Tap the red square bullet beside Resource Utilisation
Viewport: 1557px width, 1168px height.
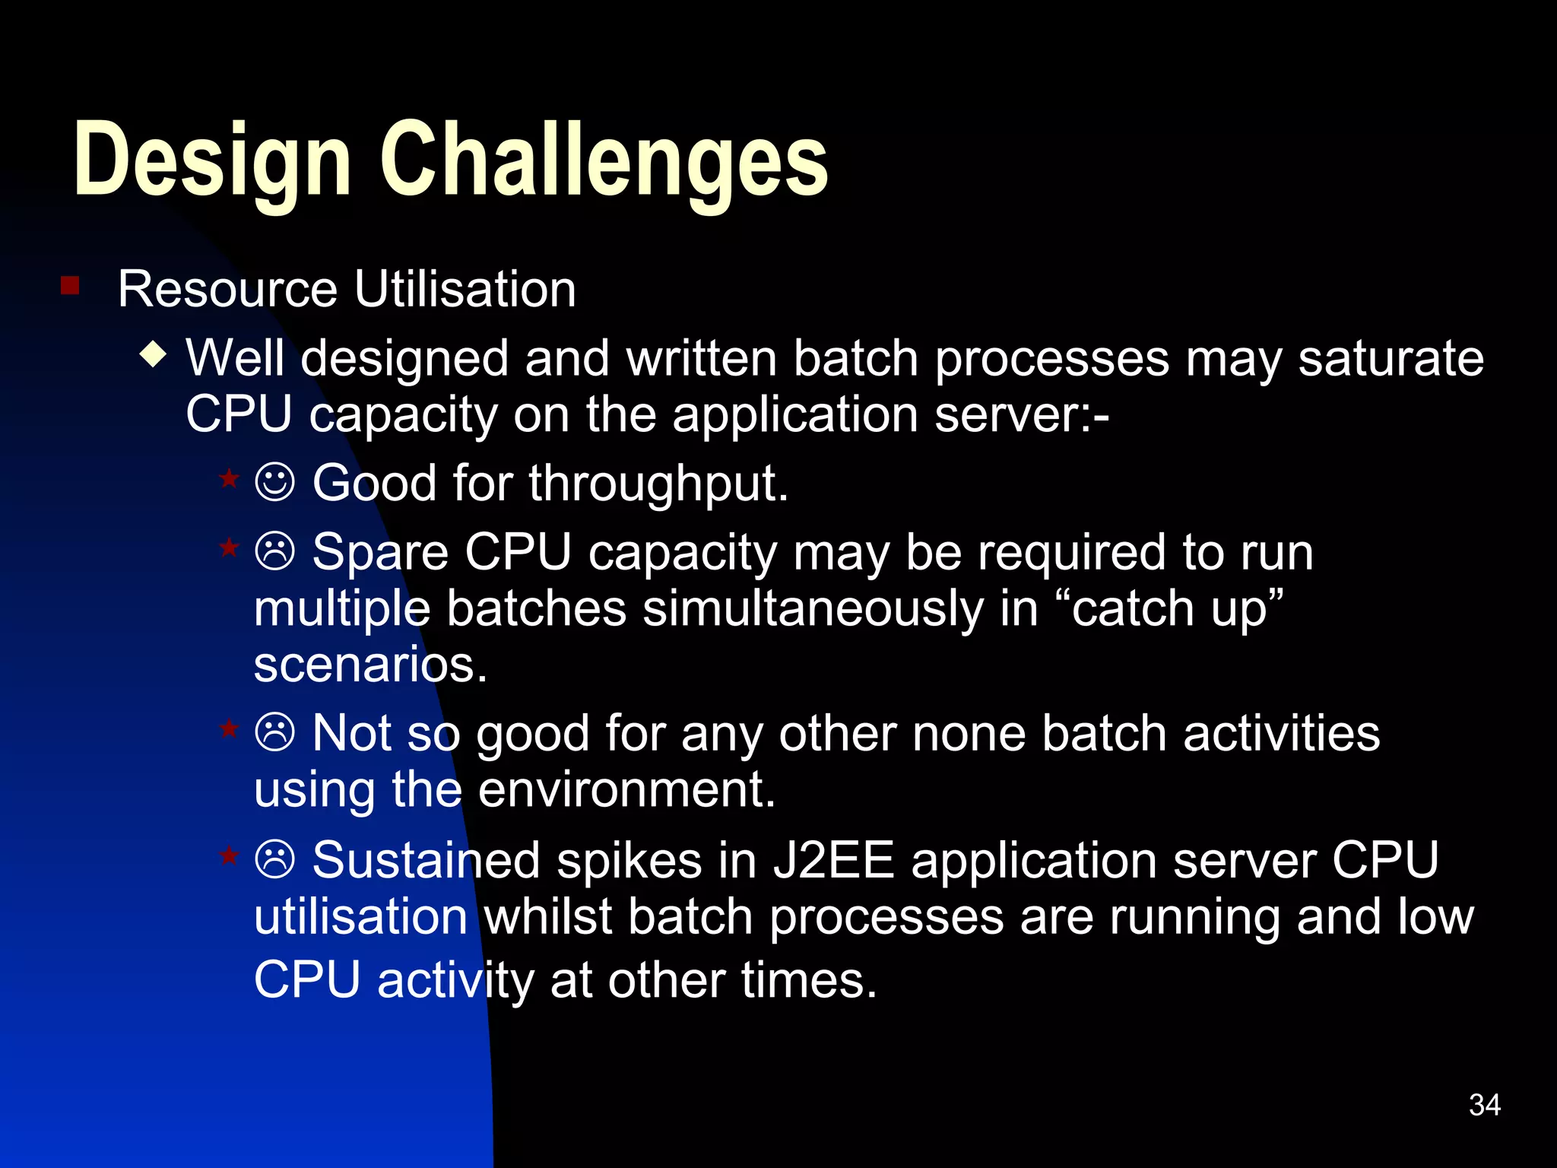(70, 286)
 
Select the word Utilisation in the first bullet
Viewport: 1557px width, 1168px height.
(465, 290)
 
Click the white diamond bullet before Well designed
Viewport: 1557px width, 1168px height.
(154, 354)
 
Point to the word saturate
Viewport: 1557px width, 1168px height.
(1391, 358)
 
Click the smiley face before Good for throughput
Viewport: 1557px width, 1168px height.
(274, 482)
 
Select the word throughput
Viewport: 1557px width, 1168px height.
(658, 484)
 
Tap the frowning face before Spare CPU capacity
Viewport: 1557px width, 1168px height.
(274, 551)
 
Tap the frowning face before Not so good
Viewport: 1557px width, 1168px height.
(274, 733)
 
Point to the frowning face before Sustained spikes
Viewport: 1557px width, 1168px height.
(274, 860)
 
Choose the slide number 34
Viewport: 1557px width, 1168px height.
(1484, 1105)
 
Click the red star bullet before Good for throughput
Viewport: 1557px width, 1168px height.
(229, 479)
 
